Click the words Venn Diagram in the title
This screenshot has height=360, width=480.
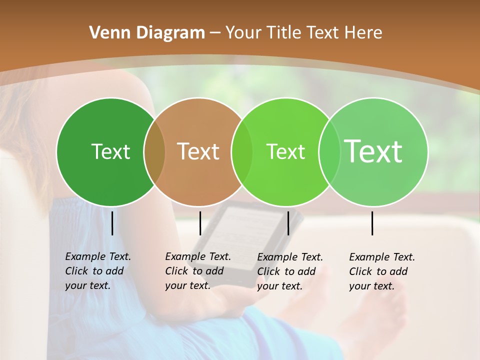point(147,32)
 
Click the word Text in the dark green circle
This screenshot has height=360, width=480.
point(110,151)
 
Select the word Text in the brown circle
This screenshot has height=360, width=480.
point(198,151)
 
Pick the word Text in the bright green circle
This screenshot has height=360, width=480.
point(285,151)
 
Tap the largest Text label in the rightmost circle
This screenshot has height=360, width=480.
point(373,151)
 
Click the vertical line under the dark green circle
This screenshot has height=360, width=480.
point(112,223)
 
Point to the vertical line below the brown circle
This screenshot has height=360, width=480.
point(200,223)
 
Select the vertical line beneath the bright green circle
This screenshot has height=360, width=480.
point(288,223)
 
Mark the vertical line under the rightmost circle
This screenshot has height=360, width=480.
point(372,223)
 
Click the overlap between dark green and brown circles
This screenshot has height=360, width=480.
point(154,152)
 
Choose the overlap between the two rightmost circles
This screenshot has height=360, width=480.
point(329,152)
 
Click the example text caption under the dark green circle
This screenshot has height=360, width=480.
point(98,271)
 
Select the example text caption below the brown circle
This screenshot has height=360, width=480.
point(198,271)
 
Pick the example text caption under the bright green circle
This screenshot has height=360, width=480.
point(290,271)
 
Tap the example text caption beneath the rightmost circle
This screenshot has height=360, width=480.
point(382,271)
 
